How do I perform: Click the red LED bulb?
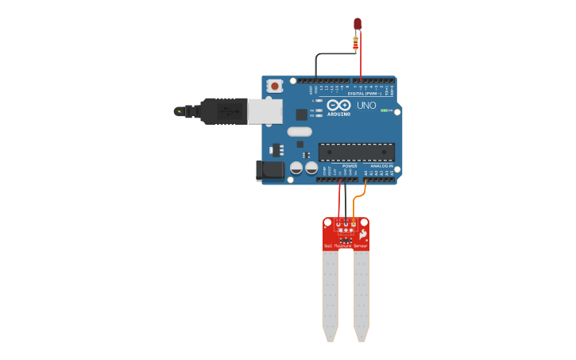tap(358, 24)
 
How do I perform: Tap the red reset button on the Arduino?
tap(275, 86)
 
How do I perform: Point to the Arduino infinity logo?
tap(338, 106)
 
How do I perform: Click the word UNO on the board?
tap(366, 106)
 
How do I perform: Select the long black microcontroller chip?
tap(356, 152)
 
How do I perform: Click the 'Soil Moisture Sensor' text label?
tap(346, 247)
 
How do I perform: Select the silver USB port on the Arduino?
tap(263, 110)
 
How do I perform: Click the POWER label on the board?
tap(350, 166)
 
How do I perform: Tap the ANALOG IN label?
tap(382, 166)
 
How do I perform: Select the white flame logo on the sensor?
tap(363, 236)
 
